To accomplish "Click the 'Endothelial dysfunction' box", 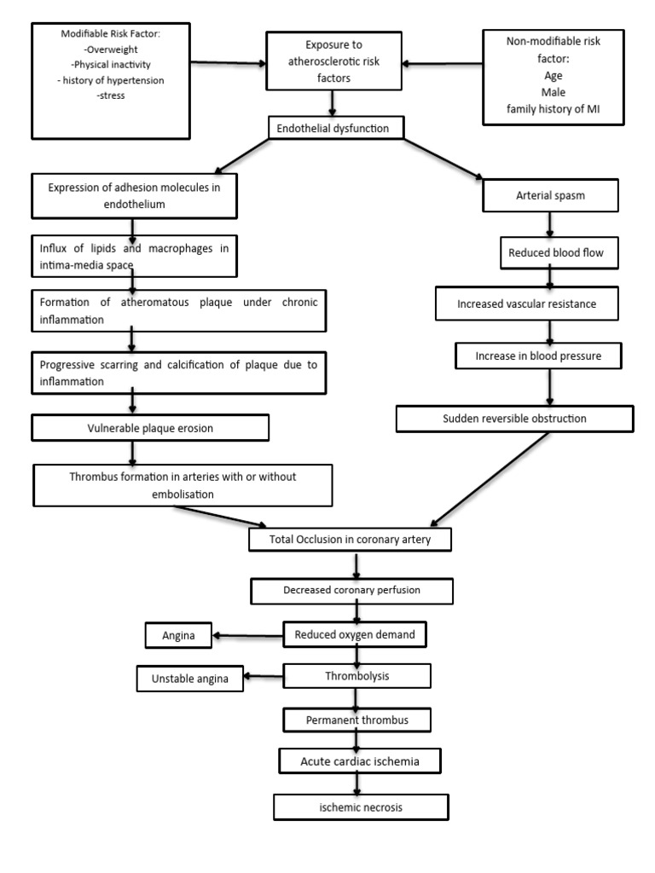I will (333, 128).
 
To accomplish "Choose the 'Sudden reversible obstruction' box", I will (514, 419).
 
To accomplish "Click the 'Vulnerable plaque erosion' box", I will (151, 428).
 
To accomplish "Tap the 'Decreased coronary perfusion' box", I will (351, 590).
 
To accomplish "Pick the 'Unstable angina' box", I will (190, 679).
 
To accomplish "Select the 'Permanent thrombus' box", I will (356, 720).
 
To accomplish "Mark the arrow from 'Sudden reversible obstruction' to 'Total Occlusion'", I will (492, 478).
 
